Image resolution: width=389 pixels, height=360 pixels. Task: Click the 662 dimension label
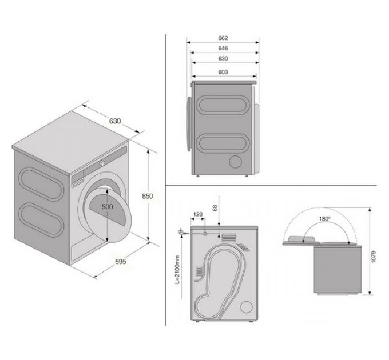(223, 38)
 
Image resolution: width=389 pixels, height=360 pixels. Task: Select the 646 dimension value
(223, 48)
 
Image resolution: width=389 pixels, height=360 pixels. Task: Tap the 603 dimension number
(223, 72)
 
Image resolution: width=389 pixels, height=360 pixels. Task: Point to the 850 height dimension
(148, 196)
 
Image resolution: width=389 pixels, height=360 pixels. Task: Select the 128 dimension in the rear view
(198, 215)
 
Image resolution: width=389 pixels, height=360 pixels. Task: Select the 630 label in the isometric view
(114, 121)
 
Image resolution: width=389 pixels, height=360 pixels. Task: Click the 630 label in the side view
(223, 59)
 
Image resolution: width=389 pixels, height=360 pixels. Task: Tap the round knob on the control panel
(102, 163)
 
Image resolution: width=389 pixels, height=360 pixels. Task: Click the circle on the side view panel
(235, 161)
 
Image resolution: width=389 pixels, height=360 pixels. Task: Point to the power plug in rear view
(182, 231)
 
